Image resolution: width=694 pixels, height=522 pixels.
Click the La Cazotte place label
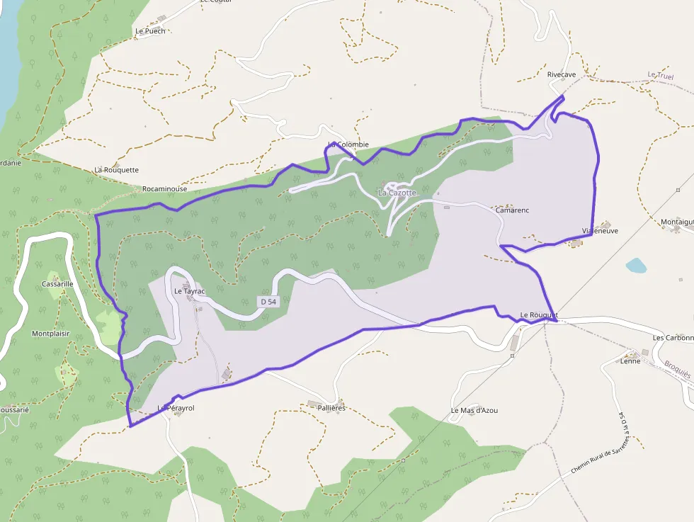(397, 193)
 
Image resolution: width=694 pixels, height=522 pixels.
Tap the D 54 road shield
(268, 302)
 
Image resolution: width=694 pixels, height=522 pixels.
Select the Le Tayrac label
(188, 291)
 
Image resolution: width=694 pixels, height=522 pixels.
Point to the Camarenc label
(512, 210)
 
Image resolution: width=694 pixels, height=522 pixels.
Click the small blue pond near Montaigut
(636, 266)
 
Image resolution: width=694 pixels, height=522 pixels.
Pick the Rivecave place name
(562, 74)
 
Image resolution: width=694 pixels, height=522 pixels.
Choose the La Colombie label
(348, 144)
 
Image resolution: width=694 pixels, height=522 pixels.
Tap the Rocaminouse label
(164, 189)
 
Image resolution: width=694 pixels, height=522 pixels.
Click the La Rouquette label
(117, 170)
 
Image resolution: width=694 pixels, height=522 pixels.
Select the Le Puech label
(150, 31)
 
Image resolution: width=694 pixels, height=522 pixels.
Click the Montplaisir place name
(51, 333)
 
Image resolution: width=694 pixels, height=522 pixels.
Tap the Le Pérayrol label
(176, 409)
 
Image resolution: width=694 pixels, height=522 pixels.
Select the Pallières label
(331, 408)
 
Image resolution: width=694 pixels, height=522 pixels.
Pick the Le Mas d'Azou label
(474, 411)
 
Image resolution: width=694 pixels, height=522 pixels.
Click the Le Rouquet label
(539, 315)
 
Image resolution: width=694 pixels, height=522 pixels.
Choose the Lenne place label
(630, 361)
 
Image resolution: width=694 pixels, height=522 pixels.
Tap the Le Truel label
(661, 75)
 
